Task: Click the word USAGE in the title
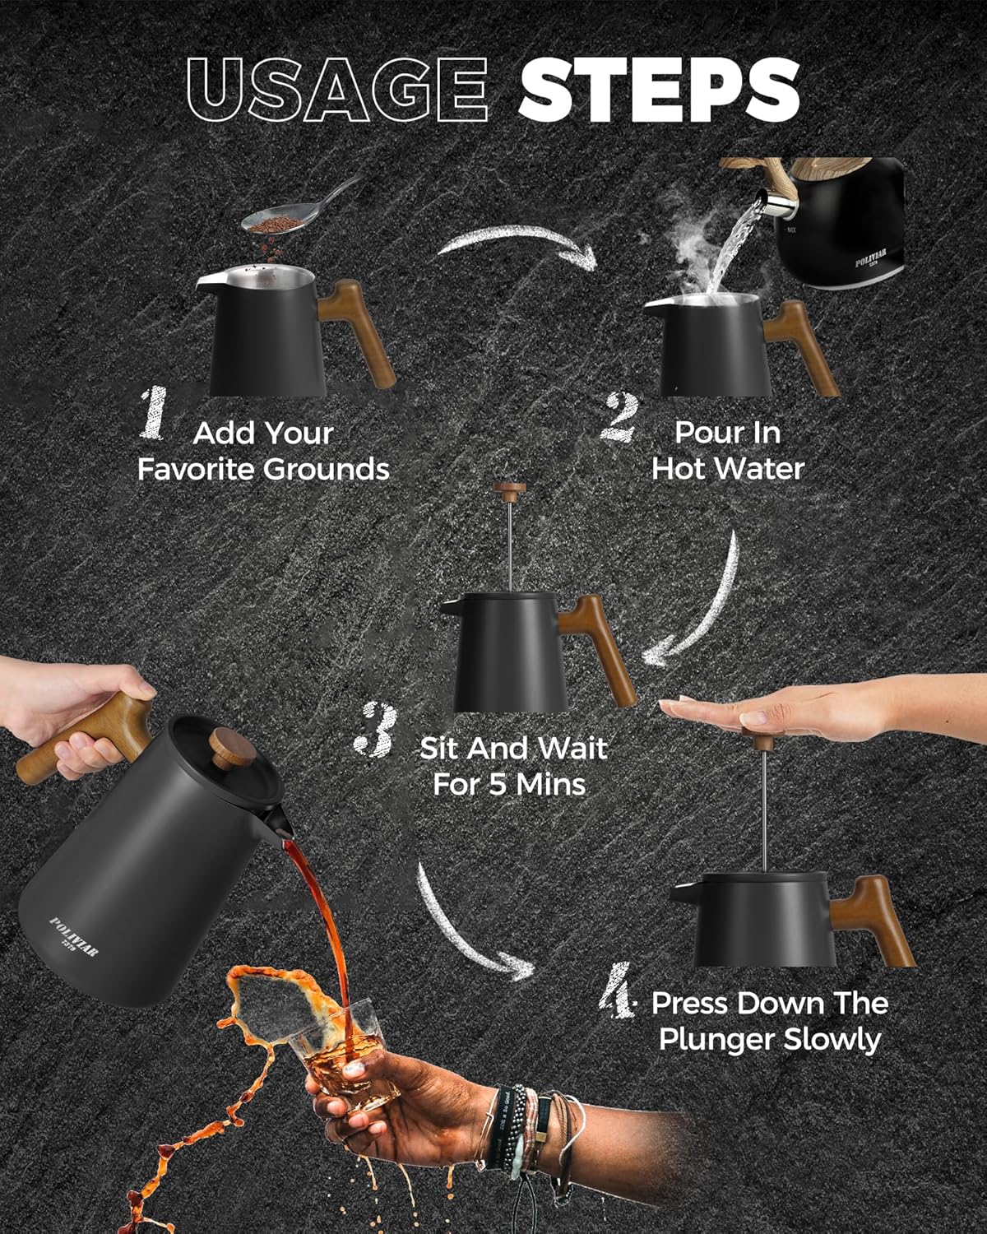coord(337,90)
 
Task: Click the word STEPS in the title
coord(660,90)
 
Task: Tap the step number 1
coord(154,413)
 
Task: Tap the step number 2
coord(619,417)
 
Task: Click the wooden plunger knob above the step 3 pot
coord(509,490)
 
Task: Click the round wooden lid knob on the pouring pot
coord(232,748)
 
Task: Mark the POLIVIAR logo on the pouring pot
coord(73,936)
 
